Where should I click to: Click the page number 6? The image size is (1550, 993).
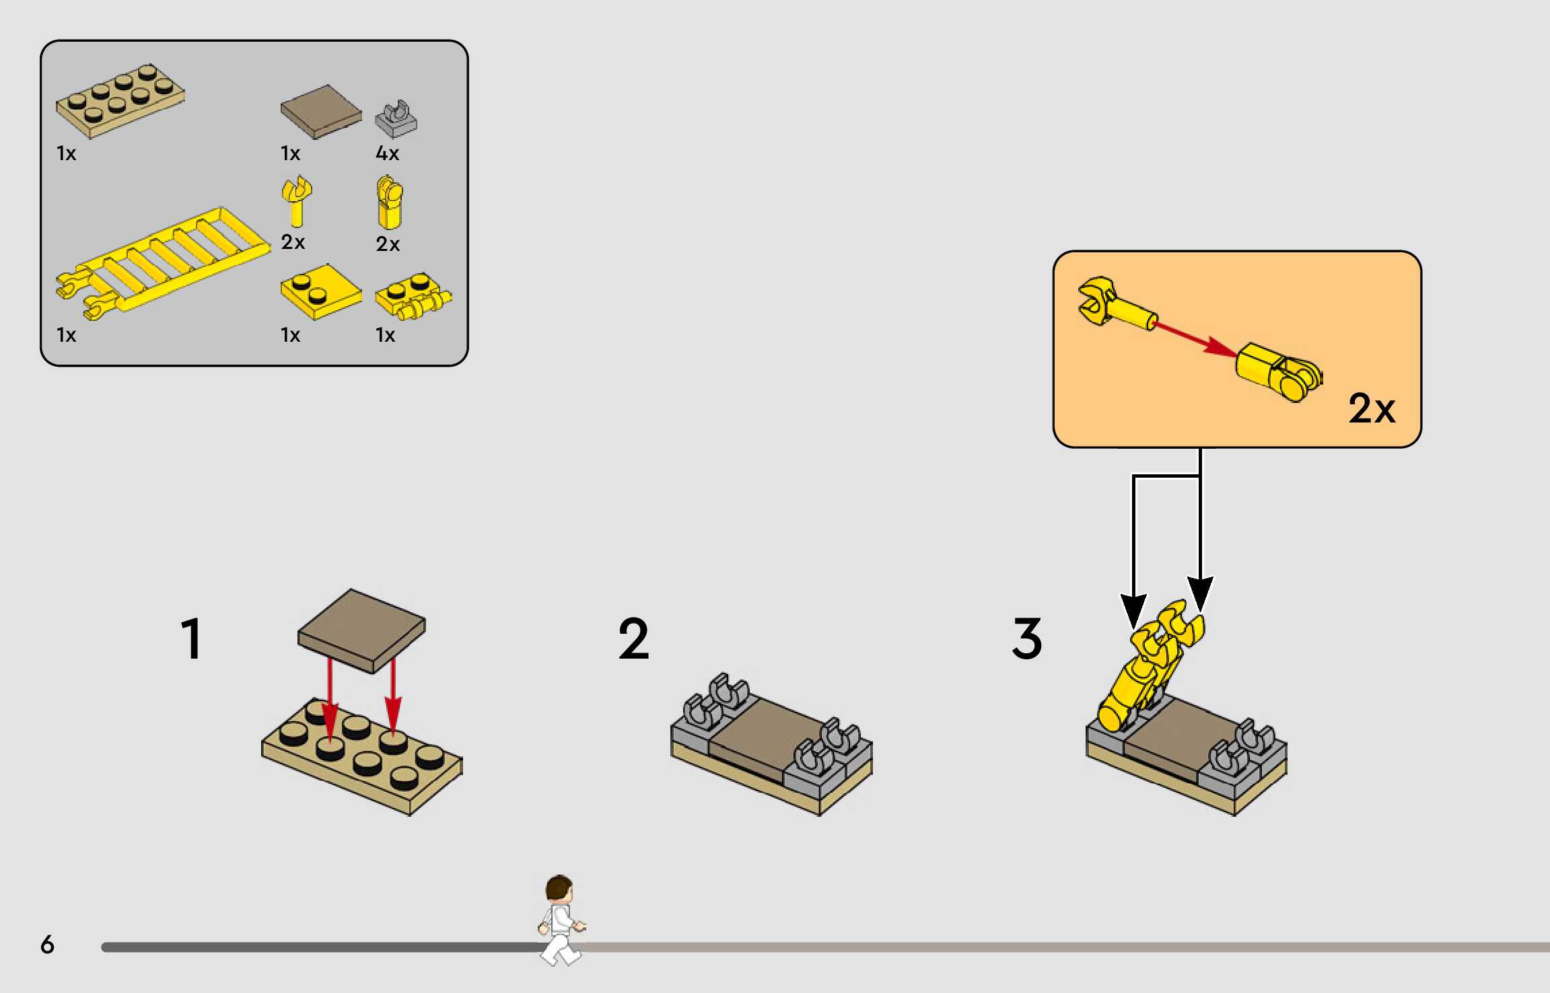47,944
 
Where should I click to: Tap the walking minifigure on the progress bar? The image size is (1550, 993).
561,919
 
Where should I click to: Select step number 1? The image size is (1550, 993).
192,638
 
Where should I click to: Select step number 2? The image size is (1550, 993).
633,638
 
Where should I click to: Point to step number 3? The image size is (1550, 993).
1026,638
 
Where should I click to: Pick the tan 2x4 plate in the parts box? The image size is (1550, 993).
120,102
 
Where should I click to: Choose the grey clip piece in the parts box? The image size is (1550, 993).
396,119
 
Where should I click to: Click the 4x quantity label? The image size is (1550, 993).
387,153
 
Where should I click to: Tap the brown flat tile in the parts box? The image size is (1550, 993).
320,111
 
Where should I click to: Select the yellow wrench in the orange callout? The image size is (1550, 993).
1115,305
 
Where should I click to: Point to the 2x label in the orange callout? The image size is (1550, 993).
1372,408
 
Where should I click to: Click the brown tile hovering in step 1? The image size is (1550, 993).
361,630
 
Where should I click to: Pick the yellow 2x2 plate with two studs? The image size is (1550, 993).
320,291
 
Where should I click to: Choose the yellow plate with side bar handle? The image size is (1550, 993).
413,297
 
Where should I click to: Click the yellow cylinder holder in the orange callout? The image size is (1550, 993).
1277,371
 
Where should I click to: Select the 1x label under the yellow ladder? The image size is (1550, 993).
66,335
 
